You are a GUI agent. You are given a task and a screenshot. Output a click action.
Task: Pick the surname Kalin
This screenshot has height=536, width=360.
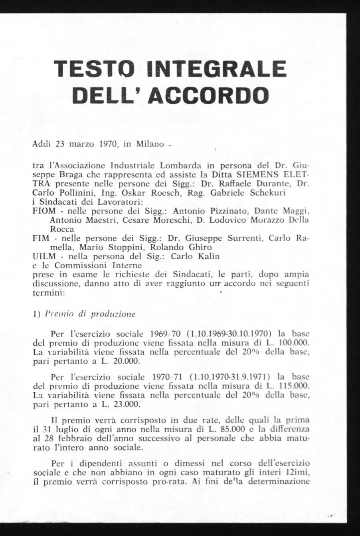(206, 256)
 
